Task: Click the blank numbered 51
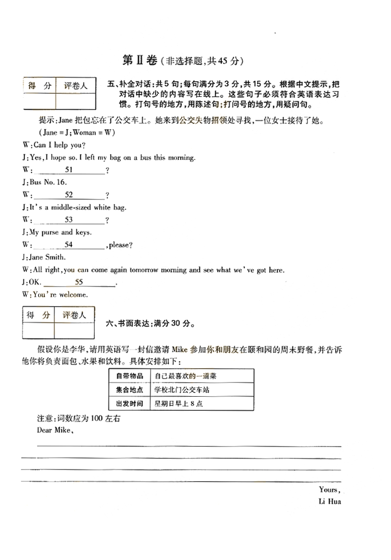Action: coord(69,170)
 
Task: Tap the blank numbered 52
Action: coord(69,195)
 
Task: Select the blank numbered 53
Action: coord(69,220)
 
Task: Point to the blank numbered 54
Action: coord(69,245)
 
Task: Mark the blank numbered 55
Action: coord(79,282)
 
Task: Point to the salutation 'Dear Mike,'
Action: coord(55,430)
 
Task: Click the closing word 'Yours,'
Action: coord(329,490)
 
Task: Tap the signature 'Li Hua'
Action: coord(329,502)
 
